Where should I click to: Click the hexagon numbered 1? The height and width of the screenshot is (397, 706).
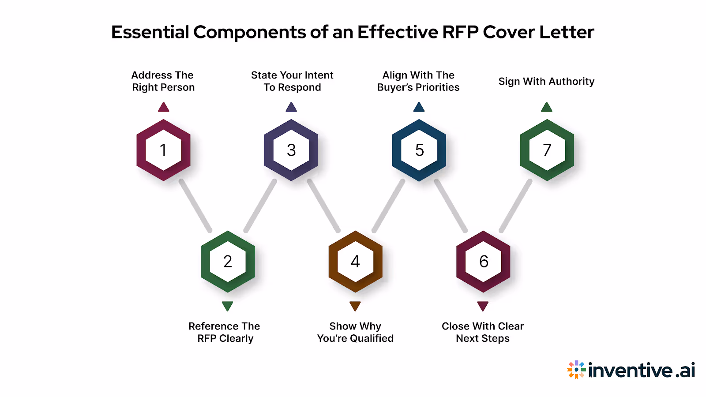coord(163,150)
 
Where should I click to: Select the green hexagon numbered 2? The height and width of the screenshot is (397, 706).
coord(228,262)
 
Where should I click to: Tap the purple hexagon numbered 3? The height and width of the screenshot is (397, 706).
coord(291,150)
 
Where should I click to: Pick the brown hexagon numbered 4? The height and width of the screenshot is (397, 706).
coord(355,262)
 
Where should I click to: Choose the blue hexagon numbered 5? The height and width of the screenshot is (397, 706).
coord(419,150)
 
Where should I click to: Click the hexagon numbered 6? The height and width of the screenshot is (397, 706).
coord(483,262)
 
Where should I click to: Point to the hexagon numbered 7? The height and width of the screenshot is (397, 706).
coord(547,150)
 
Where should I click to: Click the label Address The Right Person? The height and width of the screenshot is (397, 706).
coord(163,81)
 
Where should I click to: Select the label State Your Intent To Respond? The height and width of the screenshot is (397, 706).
coord(292,81)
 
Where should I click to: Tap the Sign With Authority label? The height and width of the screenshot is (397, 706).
coord(546,82)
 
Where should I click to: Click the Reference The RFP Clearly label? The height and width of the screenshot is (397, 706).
coord(225,332)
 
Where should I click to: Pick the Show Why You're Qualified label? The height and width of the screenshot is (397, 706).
coord(355,332)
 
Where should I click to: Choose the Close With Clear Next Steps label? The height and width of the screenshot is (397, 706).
coord(483,332)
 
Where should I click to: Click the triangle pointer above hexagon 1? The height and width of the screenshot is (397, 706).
coord(164,107)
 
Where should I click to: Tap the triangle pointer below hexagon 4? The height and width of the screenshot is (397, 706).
coord(355,306)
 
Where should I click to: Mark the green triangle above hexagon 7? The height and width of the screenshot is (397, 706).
coord(547,107)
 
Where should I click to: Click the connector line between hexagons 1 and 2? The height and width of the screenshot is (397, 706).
coord(195,206)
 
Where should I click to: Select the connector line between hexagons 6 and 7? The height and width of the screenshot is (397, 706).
coord(515,206)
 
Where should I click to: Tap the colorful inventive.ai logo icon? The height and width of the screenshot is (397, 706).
coord(576,370)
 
